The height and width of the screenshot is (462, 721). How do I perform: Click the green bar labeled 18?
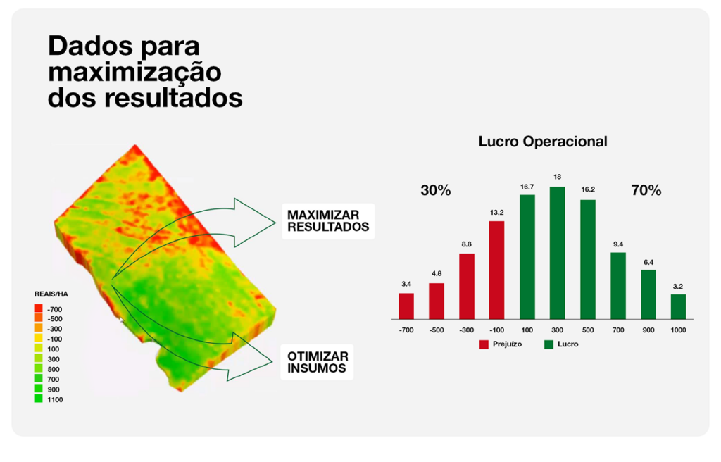point(557,252)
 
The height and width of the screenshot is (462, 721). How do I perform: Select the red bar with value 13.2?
point(496,270)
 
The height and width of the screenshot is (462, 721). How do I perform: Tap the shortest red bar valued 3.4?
point(406,306)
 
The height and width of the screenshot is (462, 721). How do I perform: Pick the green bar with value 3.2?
point(678,306)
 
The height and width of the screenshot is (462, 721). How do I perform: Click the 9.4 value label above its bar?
point(617,244)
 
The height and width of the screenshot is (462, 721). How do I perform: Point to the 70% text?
point(646,190)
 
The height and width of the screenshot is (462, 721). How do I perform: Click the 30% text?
point(435,190)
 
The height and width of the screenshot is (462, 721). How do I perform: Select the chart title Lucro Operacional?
point(542,141)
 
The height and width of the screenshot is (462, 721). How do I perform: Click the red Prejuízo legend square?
point(484,344)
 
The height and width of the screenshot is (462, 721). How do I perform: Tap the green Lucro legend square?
point(549,344)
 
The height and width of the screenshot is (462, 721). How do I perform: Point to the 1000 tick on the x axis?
point(678,330)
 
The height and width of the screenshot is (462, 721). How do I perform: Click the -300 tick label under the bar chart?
point(466,330)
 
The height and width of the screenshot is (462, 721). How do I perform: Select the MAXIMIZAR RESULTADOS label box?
point(327,220)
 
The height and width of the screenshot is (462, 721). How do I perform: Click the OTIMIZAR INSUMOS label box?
point(317,362)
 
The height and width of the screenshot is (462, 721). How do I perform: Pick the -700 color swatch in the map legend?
point(39,309)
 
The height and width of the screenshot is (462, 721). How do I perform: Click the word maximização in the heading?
point(134,72)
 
